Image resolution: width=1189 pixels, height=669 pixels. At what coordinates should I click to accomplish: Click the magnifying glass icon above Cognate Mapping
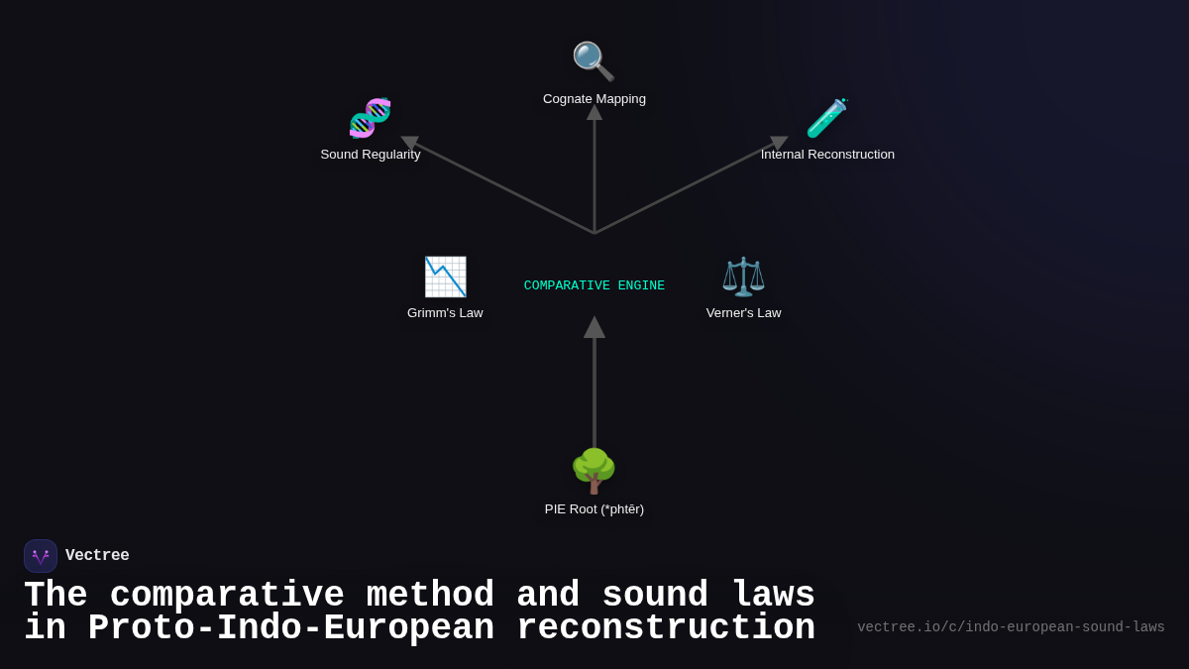[x=594, y=61]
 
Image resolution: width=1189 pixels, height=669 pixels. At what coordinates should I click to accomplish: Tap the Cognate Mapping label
[x=594, y=99]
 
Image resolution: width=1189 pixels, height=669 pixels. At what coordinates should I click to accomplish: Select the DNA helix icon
[x=371, y=118]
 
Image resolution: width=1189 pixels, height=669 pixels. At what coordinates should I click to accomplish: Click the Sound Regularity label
[x=371, y=155]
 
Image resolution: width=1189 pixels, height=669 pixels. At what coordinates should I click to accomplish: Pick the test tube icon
[x=826, y=118]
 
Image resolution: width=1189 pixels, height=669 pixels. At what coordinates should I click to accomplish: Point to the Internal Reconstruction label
[x=827, y=155]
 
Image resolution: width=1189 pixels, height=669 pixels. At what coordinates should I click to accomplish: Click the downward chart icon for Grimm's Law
[x=445, y=277]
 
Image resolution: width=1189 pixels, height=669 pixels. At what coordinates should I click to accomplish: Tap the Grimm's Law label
[x=445, y=313]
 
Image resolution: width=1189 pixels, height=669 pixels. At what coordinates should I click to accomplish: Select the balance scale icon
[x=743, y=277]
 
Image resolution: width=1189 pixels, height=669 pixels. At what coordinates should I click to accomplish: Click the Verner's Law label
[x=743, y=313]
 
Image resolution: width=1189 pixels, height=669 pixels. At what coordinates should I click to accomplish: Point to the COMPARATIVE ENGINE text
[x=594, y=286]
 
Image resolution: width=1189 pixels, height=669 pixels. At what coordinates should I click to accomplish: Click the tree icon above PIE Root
[x=594, y=471]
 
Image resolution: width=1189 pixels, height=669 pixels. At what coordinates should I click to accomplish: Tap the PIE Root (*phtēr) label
[x=594, y=509]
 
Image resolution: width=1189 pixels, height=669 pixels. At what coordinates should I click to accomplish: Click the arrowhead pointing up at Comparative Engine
[x=594, y=328]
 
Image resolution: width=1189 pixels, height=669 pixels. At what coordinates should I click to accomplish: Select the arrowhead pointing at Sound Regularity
[x=410, y=143]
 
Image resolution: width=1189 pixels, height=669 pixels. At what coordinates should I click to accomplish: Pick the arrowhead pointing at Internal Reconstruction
[x=779, y=143]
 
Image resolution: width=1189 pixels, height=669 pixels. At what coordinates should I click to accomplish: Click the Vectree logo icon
[x=41, y=556]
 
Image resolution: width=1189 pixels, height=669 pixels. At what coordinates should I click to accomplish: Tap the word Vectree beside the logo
[x=97, y=556]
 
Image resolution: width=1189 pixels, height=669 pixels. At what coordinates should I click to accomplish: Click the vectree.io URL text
[x=1011, y=627]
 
